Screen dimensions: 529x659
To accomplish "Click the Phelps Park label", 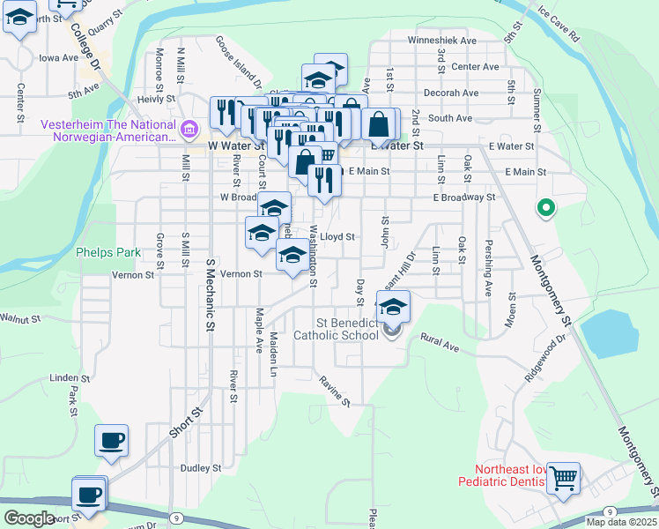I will tap(108, 252).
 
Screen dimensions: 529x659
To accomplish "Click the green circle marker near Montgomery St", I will tap(546, 209).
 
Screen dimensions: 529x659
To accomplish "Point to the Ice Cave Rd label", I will tap(558, 26).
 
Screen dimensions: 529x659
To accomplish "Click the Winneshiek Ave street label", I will tap(441, 41).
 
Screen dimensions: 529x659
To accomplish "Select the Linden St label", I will tap(64, 377).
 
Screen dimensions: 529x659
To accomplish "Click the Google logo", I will tap(29, 518).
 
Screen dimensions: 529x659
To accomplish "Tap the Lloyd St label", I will tap(337, 237).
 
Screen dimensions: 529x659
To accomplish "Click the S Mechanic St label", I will tap(211, 295).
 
